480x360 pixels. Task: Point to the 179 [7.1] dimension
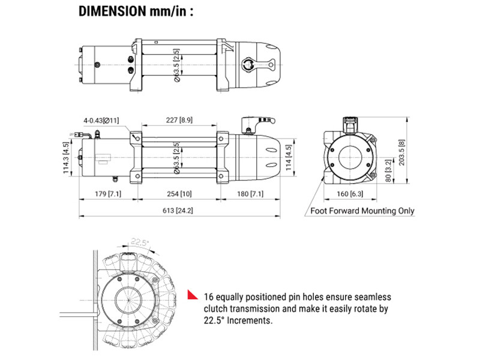(109, 194)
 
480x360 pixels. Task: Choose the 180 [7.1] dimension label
(249, 194)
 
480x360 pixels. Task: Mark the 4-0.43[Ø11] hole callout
(102, 121)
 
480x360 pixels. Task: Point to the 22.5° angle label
(139, 242)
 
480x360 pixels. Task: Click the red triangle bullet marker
(193, 295)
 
